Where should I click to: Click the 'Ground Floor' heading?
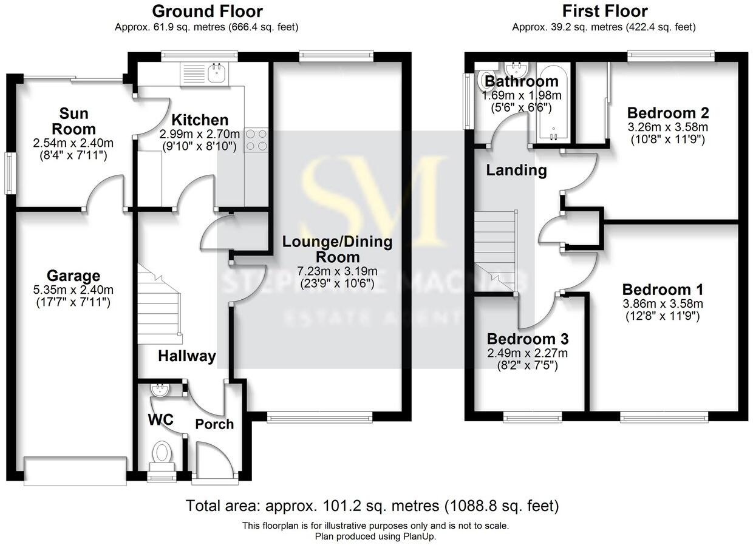(207, 11)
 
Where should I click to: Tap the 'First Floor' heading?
(604, 11)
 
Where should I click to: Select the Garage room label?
(75, 277)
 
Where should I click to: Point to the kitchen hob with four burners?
(256, 140)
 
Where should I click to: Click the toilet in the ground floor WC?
(162, 453)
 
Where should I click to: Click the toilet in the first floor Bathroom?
(486, 80)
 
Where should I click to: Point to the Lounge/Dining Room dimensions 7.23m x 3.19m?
(338, 271)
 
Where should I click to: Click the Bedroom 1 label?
(663, 288)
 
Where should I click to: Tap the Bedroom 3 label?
(527, 339)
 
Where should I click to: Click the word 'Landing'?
(516, 171)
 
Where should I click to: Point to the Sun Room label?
(73, 121)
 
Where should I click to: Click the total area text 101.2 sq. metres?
(372, 506)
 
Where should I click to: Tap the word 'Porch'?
(214, 424)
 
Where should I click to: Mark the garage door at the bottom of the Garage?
(75, 471)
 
